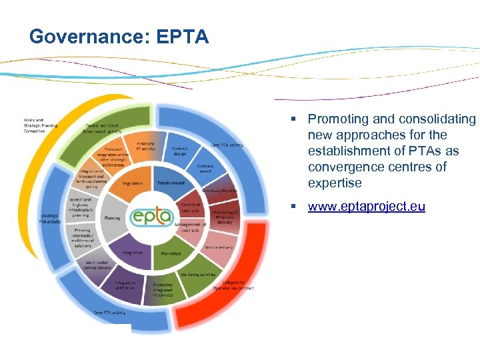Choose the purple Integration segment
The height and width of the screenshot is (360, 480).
pos(132,253)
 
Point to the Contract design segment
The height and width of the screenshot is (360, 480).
pos(179,151)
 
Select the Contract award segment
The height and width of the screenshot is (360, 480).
pos(205,169)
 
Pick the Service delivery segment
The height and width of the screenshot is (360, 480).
pos(219,247)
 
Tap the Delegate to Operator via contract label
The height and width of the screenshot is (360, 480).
pos(233,285)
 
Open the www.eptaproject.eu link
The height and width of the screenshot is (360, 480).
pos(366,206)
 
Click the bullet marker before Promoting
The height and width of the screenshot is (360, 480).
pos(293,119)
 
